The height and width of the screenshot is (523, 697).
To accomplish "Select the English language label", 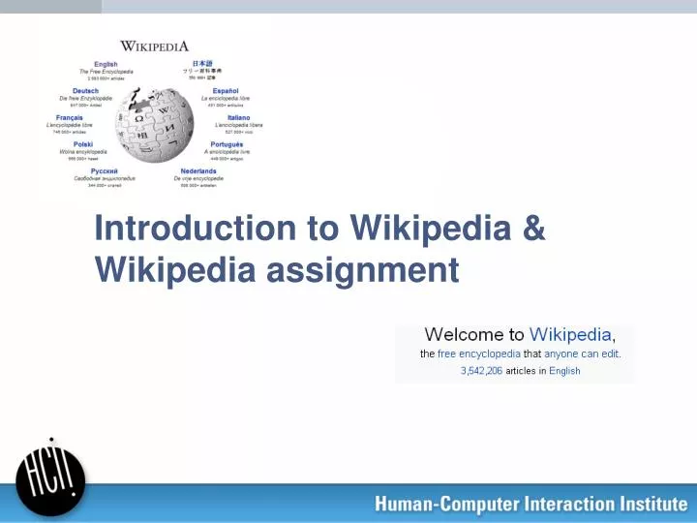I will (106, 64).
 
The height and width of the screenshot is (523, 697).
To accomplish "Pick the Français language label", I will (70, 118).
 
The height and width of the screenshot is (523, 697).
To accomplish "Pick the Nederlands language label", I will (198, 171).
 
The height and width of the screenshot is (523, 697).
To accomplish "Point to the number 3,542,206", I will (481, 371).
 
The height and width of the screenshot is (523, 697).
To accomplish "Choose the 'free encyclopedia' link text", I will (479, 354).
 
